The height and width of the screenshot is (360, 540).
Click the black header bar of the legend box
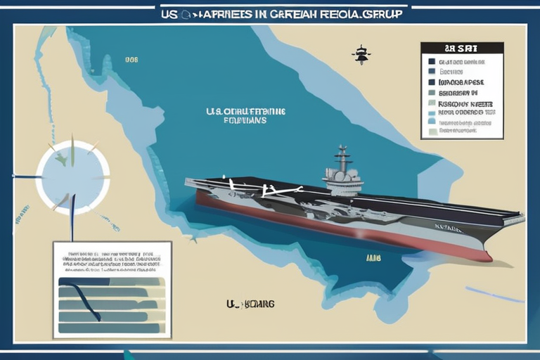tap(461, 48)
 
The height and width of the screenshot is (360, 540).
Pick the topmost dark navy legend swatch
tap(432, 61)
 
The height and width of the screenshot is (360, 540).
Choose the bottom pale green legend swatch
tap(432, 131)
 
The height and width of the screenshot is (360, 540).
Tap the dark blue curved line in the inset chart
tap(77, 299)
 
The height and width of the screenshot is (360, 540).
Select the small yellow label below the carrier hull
tap(373, 258)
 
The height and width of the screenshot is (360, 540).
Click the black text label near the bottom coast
tap(250, 304)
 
